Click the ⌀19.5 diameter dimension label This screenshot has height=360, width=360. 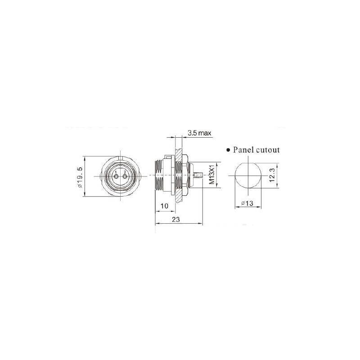tap(80, 177)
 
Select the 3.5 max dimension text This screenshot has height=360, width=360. tap(199, 133)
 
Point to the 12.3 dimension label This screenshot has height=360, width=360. tap(272, 175)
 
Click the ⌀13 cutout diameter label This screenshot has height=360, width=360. tap(247, 203)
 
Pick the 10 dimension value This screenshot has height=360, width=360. tap(164, 206)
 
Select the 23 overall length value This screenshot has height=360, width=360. tap(176, 220)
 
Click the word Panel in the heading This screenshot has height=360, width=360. tap(243, 150)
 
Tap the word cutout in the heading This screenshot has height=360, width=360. tap(268, 150)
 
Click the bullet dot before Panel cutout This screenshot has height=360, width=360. tap(228, 150)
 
